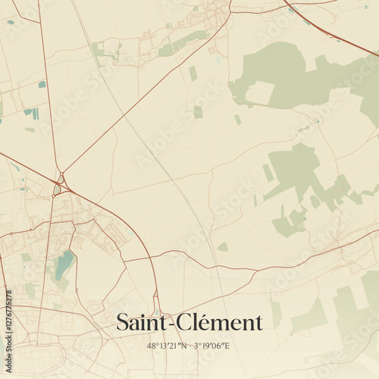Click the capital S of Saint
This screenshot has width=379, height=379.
[x=122, y=323]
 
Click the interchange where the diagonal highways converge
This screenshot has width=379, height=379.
[x=58, y=184]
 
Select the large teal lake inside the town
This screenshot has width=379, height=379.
[x=64, y=265]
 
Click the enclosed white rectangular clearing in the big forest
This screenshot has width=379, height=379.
[x=260, y=92]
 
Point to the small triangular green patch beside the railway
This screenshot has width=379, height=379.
[x=223, y=247]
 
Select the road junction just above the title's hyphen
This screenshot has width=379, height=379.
[x=158, y=302]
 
